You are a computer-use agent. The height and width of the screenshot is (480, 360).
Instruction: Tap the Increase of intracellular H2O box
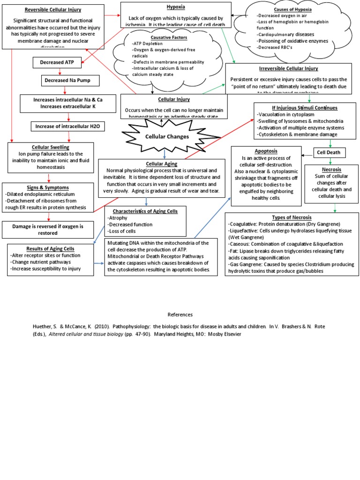67,126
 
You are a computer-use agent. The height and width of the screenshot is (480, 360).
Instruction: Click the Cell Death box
330,153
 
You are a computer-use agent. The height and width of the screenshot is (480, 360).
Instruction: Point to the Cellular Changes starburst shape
160,136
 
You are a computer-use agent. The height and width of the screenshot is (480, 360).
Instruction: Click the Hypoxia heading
176,7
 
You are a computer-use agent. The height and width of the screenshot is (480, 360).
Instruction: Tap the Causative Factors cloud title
162,37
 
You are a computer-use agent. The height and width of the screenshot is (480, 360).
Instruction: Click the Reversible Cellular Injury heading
52,10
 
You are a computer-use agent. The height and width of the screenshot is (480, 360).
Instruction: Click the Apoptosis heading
266,151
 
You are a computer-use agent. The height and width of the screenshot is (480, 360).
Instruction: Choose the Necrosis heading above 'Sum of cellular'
331,169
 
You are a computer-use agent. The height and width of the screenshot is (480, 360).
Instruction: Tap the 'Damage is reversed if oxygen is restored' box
49,229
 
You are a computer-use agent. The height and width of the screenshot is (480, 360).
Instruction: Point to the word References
180,315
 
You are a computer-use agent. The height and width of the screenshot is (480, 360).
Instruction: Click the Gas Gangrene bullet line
291,268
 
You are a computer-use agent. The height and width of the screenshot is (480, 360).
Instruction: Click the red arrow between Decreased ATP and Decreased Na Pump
60,72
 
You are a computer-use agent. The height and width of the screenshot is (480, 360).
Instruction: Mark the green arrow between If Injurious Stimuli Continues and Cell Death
330,143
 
